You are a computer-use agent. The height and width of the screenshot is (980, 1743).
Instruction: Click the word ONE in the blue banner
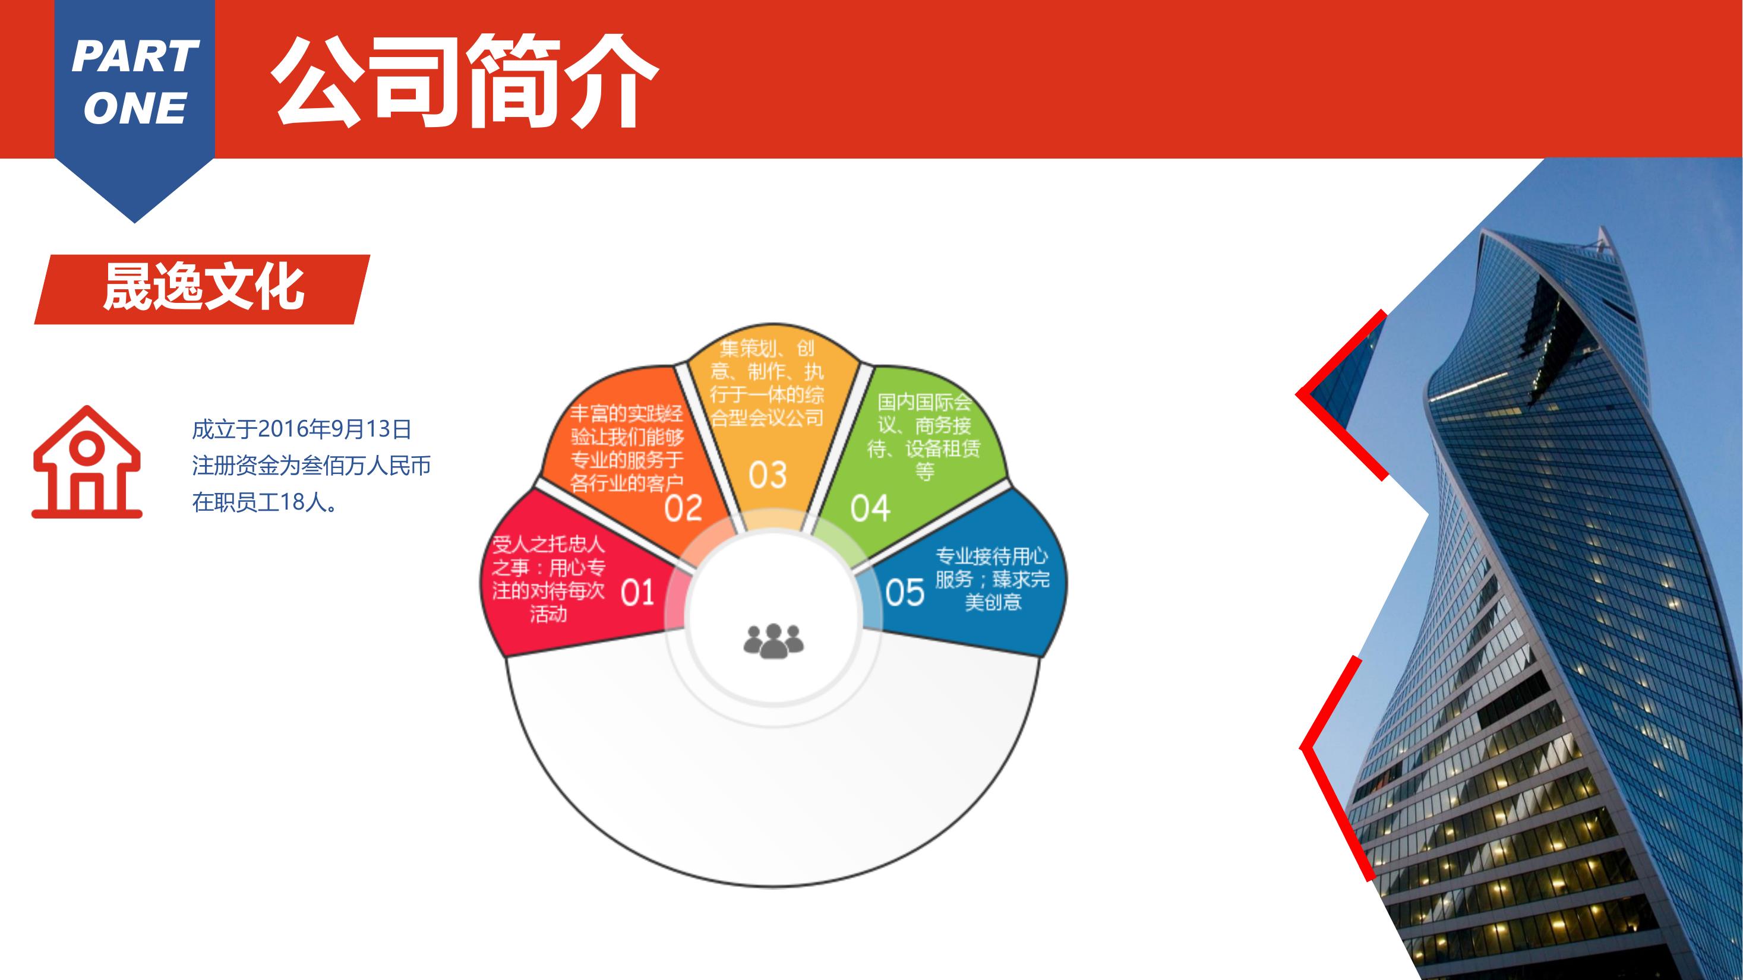135,108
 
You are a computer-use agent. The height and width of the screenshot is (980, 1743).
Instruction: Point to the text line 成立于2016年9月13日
302,429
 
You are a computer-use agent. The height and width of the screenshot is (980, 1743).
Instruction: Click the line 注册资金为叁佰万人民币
311,466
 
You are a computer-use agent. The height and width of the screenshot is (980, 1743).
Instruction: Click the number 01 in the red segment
637,593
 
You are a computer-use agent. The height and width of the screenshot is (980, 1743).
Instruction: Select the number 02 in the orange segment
683,508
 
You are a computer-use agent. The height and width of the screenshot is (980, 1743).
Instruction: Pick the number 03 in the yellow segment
768,475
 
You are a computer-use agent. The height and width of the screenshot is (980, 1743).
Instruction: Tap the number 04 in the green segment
870,508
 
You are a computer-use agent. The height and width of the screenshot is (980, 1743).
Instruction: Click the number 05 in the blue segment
905,593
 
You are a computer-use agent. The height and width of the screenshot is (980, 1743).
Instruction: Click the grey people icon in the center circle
773,640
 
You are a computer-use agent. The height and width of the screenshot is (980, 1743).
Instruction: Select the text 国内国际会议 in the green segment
924,413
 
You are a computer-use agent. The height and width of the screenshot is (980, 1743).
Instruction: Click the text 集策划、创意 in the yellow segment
768,360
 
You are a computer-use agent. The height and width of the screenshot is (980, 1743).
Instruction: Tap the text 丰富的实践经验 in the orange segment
627,425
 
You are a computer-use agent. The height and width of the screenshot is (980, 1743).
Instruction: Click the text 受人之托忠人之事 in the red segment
548,555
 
